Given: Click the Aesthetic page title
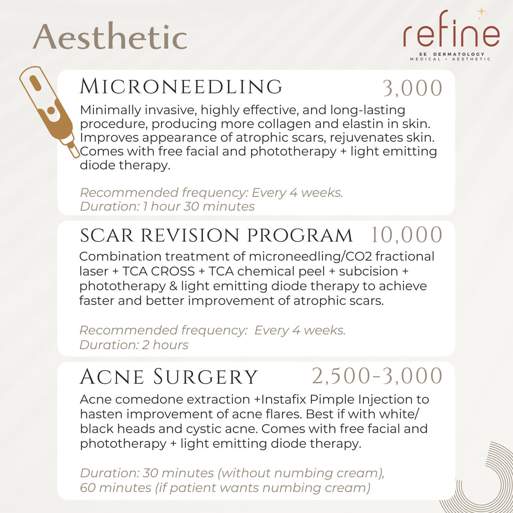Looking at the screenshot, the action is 110,36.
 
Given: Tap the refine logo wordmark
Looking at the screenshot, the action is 451,30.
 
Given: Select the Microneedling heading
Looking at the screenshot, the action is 181,87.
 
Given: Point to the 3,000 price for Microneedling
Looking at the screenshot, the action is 413,88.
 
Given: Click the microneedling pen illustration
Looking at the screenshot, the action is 50,112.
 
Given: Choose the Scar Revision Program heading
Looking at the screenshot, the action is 216,235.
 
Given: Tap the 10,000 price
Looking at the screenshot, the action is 407,234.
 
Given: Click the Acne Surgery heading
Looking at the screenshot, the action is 169,377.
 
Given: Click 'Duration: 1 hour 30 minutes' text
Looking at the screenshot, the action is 167,206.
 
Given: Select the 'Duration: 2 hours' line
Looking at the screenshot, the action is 134,345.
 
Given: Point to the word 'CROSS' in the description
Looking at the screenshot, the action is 173,271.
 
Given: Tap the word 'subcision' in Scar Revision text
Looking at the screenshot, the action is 368,271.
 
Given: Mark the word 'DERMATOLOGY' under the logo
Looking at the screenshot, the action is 459,54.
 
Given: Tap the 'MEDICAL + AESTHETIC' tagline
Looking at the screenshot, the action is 450,59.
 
